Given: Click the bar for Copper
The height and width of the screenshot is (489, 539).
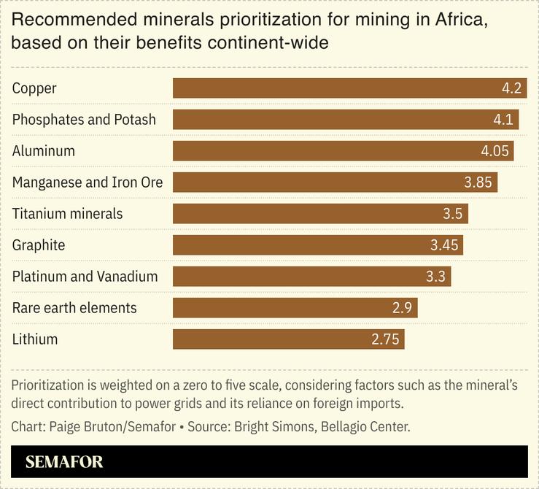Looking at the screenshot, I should click(349, 88).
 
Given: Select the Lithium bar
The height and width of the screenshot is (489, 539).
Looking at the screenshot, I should click(288, 339).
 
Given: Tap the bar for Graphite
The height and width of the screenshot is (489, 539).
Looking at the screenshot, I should click(317, 245).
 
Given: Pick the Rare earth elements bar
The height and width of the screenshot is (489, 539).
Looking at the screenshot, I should click(295, 308).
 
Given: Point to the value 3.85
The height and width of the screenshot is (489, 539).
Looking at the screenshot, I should click(478, 182).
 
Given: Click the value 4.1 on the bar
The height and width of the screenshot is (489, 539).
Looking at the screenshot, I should click(503, 120).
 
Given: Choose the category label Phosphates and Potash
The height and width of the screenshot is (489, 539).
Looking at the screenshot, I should click(84, 120).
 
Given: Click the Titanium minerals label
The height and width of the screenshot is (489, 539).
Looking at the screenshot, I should click(67, 214).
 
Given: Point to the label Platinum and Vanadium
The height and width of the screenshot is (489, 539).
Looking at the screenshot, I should click(85, 277).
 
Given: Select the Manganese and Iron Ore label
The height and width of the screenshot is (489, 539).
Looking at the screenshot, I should click(88, 182).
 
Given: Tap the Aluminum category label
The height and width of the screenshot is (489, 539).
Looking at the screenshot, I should click(44, 151).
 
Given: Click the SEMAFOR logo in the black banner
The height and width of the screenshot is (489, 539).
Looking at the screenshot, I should click(64, 462).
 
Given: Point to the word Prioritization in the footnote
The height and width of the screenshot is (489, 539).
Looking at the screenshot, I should click(48, 385).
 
